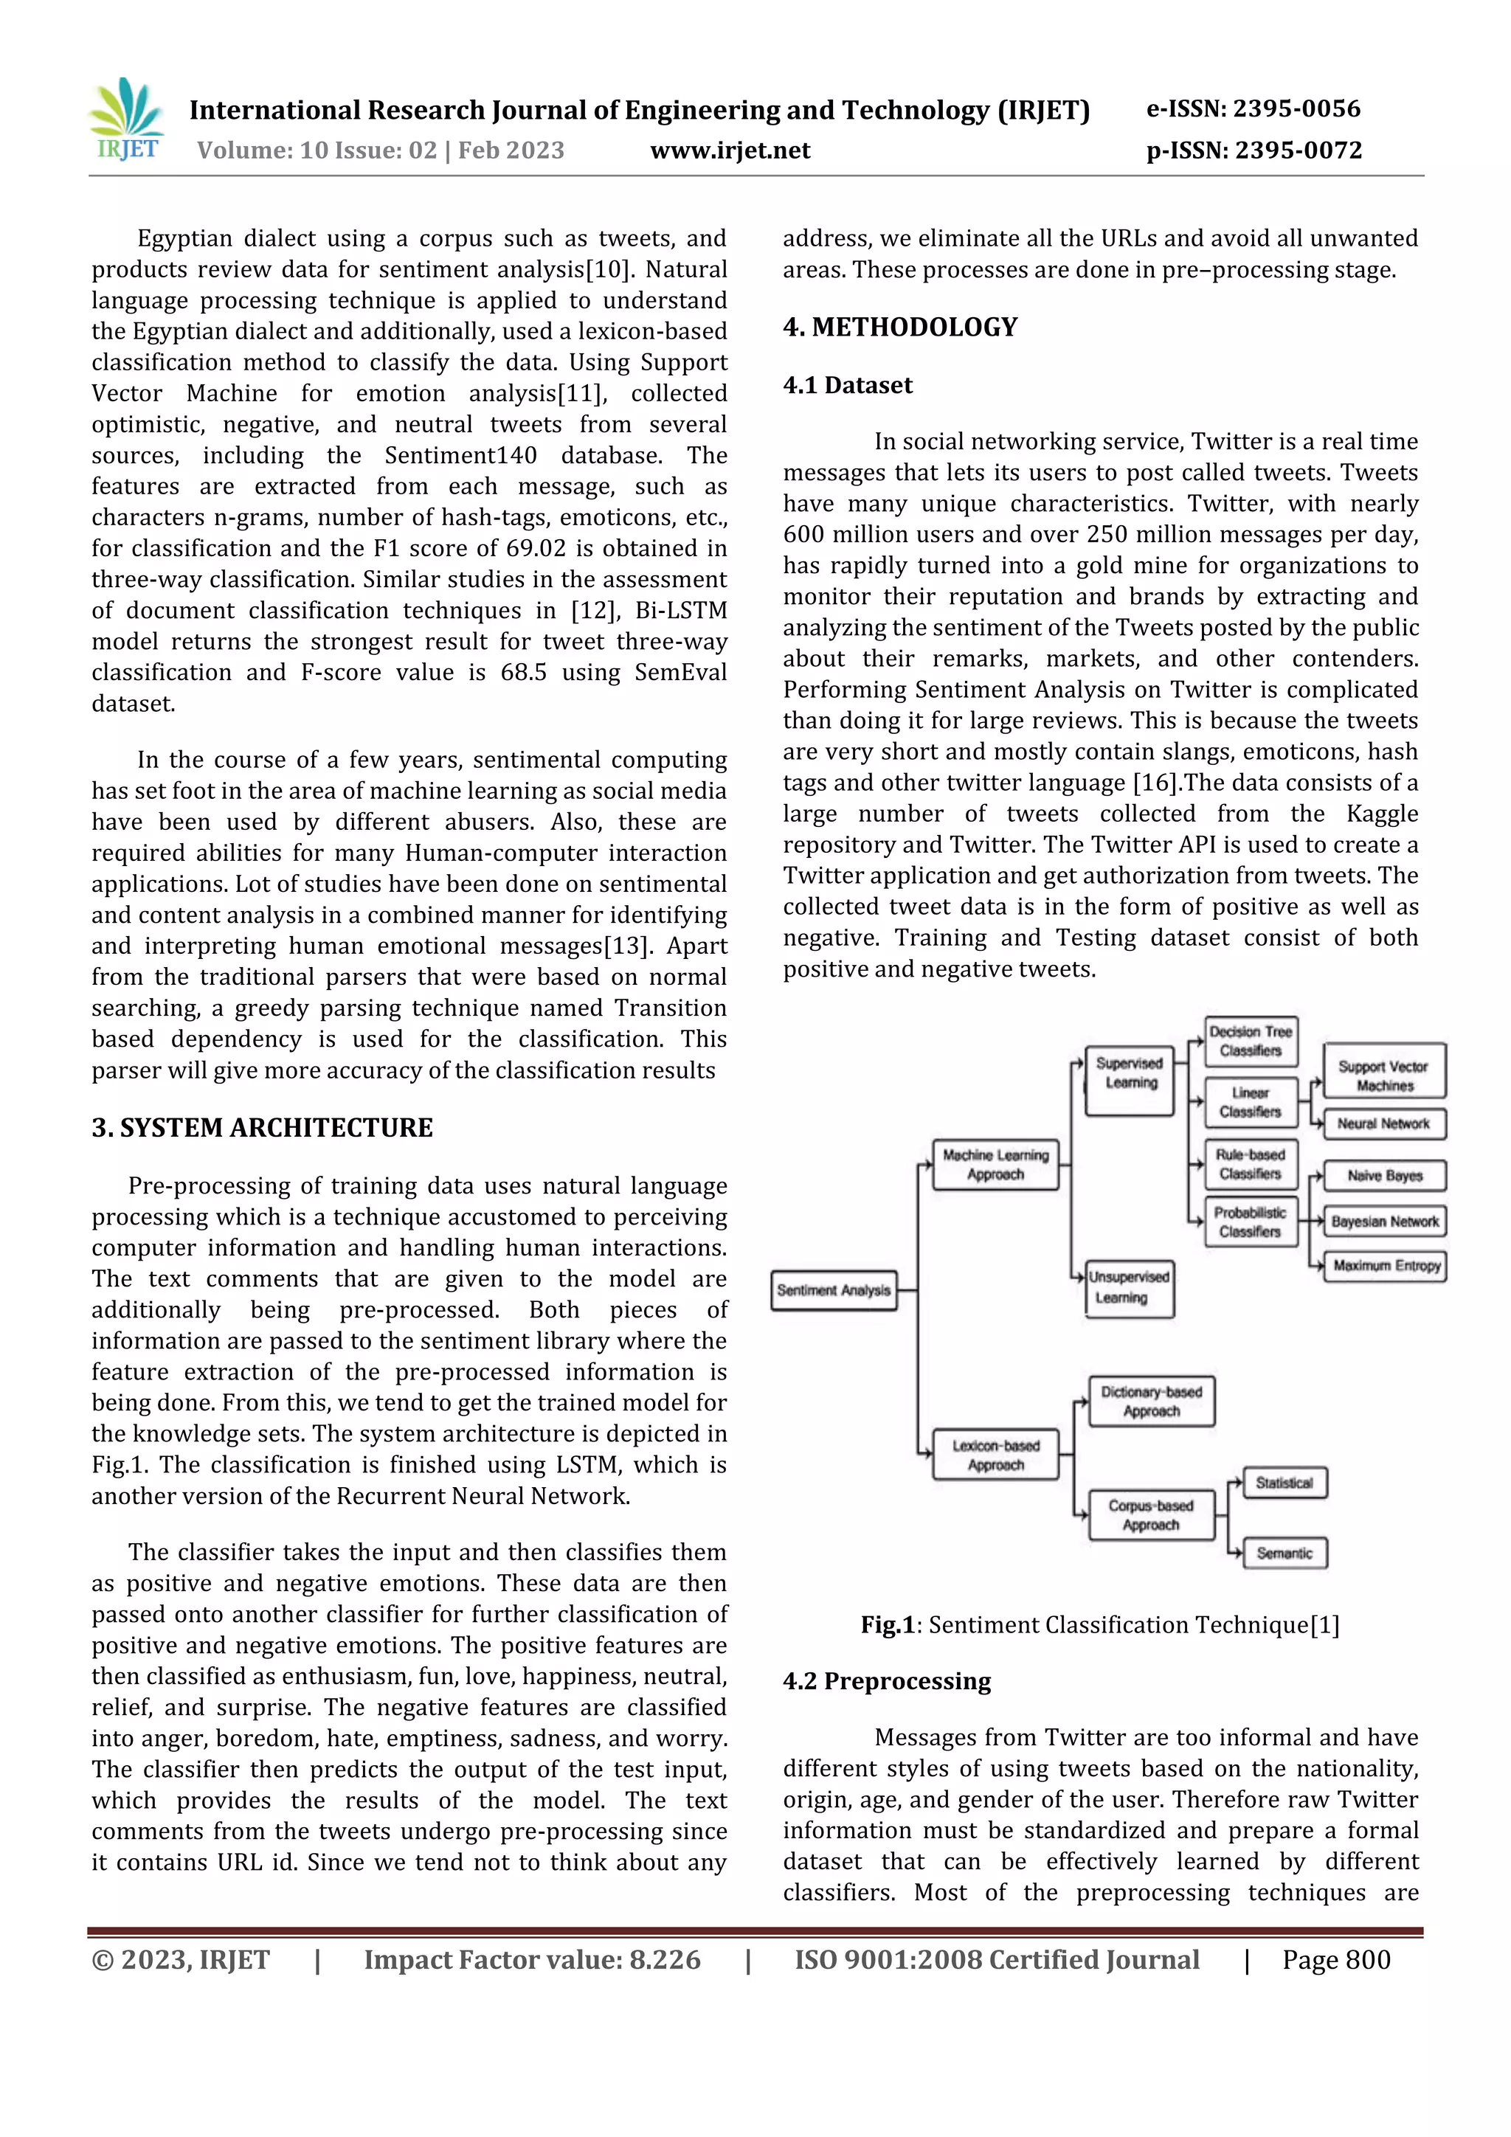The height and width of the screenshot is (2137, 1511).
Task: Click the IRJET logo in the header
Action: click(x=128, y=122)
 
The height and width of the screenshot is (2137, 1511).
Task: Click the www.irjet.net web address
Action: click(x=730, y=150)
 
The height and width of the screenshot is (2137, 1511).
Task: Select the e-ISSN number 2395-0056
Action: click(x=1253, y=109)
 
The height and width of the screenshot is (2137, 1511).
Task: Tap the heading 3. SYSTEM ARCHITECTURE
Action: click(x=262, y=1128)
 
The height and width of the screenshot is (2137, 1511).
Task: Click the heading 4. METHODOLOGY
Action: click(x=899, y=328)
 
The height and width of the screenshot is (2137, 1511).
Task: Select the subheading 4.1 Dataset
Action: click(x=847, y=385)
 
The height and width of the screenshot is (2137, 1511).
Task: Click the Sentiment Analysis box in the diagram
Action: click(x=833, y=1290)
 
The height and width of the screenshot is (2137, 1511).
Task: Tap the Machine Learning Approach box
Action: click(x=995, y=1164)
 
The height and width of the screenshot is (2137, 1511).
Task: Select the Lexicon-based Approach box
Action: click(x=995, y=1455)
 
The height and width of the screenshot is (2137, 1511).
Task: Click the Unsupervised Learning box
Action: click(x=1130, y=1288)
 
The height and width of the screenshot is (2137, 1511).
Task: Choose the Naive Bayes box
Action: click(x=1384, y=1176)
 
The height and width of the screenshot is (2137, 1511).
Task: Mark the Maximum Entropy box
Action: click(x=1386, y=1266)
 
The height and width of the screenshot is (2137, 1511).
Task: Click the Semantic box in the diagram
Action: click(x=1284, y=1554)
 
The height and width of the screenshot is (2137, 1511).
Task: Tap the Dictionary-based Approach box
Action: click(x=1151, y=1402)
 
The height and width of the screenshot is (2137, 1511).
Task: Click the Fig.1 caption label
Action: click(x=888, y=1625)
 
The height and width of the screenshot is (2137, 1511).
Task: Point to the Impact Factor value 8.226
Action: click(x=532, y=1960)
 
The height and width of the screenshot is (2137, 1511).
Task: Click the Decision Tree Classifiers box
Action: click(x=1251, y=1041)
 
